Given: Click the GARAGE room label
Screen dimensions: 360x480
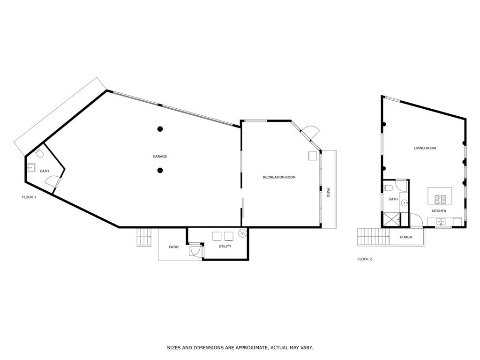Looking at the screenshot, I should (159, 157).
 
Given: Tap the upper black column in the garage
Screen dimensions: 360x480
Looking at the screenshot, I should (160, 129).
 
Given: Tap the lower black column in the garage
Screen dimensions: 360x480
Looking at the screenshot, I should (160, 171).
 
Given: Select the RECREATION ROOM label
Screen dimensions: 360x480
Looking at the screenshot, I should (279, 177).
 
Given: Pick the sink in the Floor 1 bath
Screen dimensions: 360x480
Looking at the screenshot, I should (32, 167).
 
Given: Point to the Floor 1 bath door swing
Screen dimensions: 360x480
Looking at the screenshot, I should (52, 182).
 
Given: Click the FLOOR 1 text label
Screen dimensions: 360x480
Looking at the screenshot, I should (29, 197).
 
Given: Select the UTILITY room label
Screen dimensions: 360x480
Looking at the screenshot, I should (225, 247).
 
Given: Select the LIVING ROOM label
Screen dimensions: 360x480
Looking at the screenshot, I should (425, 148).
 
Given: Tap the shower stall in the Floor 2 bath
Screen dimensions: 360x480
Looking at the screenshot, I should (391, 219).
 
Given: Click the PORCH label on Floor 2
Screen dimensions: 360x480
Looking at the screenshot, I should (406, 237).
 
